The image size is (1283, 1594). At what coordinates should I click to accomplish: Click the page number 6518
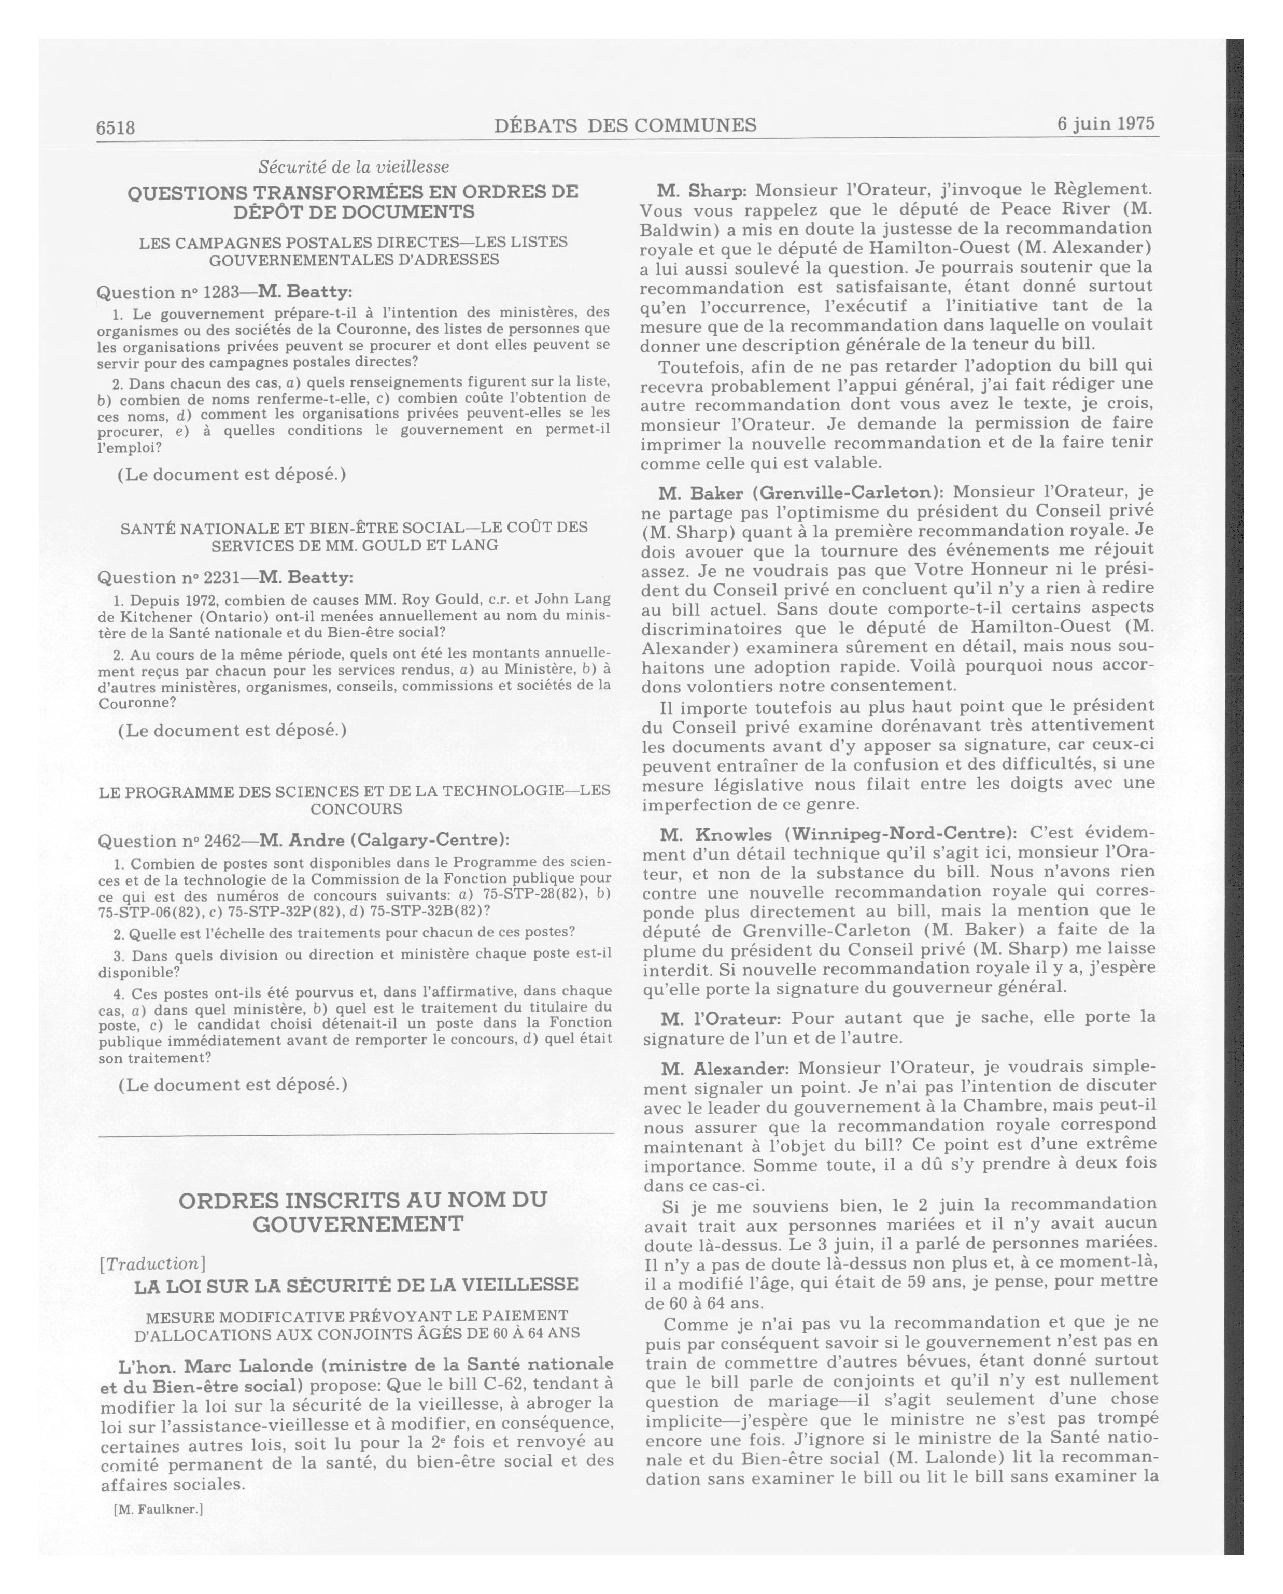pyautogui.click(x=116, y=127)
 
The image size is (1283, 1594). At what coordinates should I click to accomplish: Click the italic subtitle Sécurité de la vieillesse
pyautogui.click(x=354, y=167)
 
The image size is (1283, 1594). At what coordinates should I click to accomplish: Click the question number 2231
pyautogui.click(x=220, y=577)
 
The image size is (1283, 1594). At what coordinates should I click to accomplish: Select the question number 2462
pyautogui.click(x=221, y=841)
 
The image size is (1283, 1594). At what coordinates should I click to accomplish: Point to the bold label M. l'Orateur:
pyautogui.click(x=720, y=1019)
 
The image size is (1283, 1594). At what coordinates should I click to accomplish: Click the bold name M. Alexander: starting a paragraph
pyautogui.click(x=725, y=1069)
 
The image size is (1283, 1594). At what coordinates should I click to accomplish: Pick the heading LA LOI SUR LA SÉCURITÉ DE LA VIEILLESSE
pyautogui.click(x=356, y=1285)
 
